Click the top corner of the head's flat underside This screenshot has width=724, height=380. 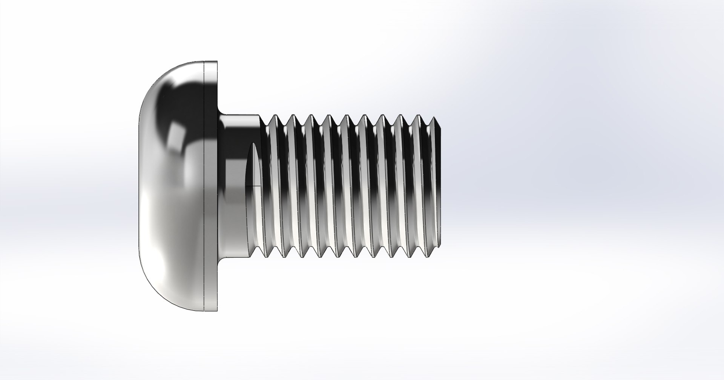click(218, 62)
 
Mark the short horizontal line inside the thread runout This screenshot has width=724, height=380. click(253, 186)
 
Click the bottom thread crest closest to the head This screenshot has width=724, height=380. click(265, 257)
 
